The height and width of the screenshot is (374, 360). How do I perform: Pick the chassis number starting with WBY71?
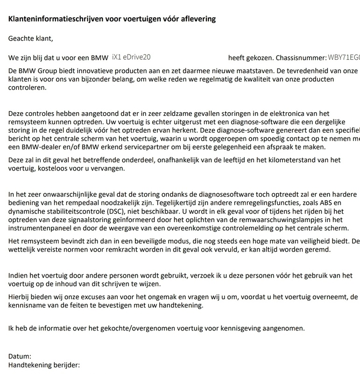click(344, 58)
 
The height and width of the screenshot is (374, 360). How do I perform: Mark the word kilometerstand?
click(286, 160)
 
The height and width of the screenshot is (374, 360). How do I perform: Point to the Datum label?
click(20, 357)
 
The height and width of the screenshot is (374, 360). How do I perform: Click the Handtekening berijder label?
click(44, 365)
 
